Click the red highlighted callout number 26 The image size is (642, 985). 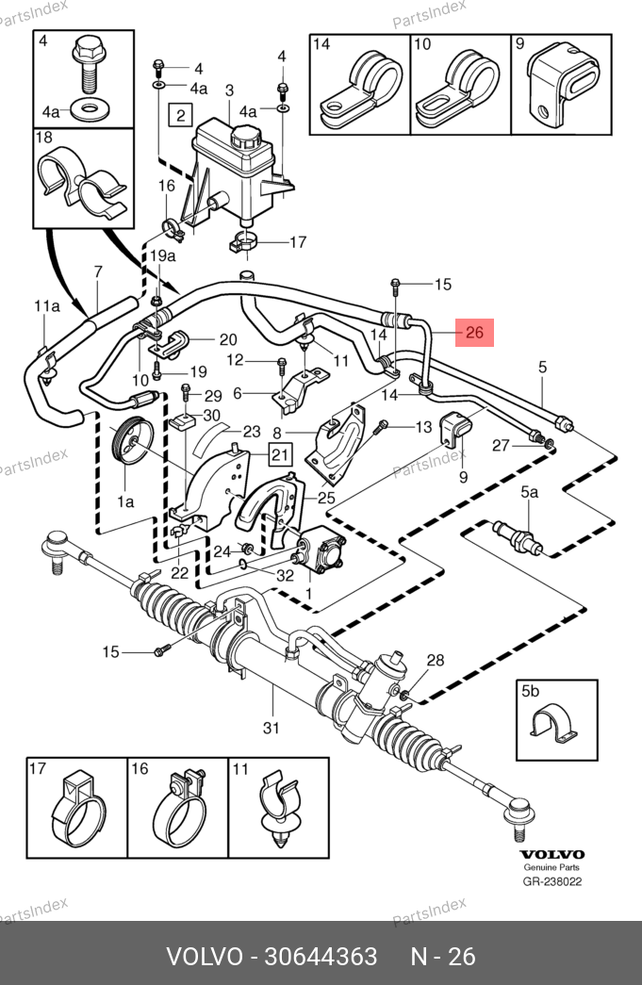coord(474,332)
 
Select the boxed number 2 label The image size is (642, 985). coord(179,116)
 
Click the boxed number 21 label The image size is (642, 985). coord(280,456)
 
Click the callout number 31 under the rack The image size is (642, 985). coord(272,727)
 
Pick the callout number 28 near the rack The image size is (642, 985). coord(435,660)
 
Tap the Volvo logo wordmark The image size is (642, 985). coord(551,854)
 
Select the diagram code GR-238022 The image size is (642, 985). coord(552,882)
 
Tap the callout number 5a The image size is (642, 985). coord(530,492)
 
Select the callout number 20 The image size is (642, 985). coord(227,339)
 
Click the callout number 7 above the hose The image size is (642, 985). coord(96,273)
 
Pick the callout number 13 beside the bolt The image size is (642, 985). coord(421,426)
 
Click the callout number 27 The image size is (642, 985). coord(502,445)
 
